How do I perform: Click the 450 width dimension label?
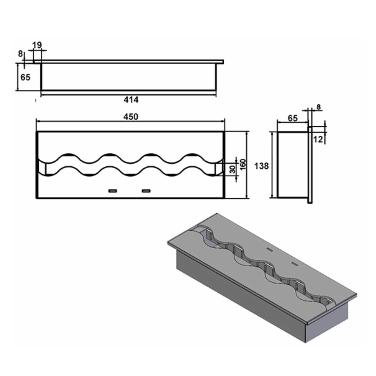131,117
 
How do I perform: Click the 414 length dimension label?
131,100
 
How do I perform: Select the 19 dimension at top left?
37,45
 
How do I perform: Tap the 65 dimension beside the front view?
25,77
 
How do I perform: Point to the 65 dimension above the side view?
292,118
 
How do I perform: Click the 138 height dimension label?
262,166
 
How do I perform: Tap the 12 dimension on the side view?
318,139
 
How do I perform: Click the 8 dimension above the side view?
318,107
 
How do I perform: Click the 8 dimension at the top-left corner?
20,54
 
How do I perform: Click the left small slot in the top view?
112,191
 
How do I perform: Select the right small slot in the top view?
146,191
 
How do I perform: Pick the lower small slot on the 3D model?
295,264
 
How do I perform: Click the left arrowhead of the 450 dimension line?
39,120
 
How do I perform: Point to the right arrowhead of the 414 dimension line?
214,94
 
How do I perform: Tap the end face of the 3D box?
327,323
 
